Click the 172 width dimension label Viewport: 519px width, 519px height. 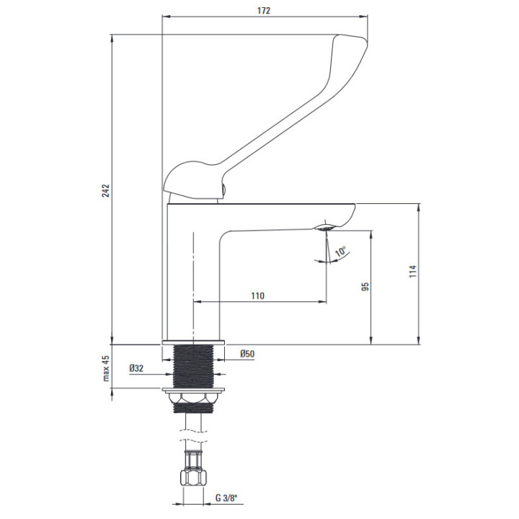pyautogui.click(x=264, y=11)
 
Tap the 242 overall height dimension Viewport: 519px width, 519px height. pyautogui.click(x=105, y=190)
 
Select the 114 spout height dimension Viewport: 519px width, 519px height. pyautogui.click(x=413, y=271)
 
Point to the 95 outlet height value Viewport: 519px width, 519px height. pyautogui.click(x=365, y=286)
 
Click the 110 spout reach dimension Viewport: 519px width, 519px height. pyautogui.click(x=257, y=296)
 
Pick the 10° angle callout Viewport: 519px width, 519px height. pyautogui.click(x=341, y=252)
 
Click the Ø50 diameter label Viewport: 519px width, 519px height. pyautogui.click(x=247, y=353)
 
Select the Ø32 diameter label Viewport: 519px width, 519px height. pyautogui.click(x=136, y=368)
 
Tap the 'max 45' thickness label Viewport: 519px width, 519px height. pyautogui.click(x=105, y=369)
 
